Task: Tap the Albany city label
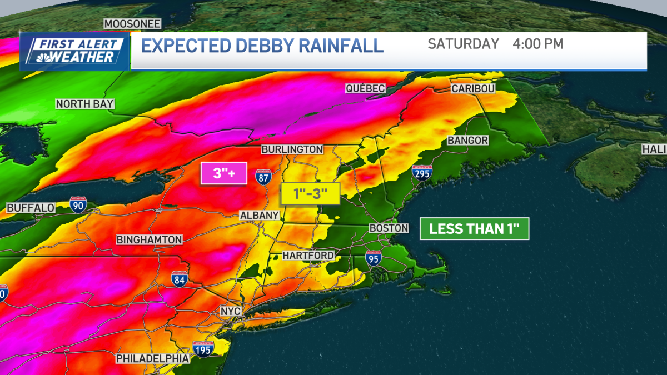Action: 259,215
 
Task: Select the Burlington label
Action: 292,149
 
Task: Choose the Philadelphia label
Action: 152,358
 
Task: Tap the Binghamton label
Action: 149,239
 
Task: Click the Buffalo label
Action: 31,207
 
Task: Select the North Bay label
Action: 84,104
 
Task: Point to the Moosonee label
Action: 132,23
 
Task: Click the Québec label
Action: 365,88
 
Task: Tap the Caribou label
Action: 473,88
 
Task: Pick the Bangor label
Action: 467,141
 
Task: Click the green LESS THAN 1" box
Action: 474,228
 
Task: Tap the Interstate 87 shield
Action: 264,177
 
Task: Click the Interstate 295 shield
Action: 422,173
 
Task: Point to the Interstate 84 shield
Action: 180,279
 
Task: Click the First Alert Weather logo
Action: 74,51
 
